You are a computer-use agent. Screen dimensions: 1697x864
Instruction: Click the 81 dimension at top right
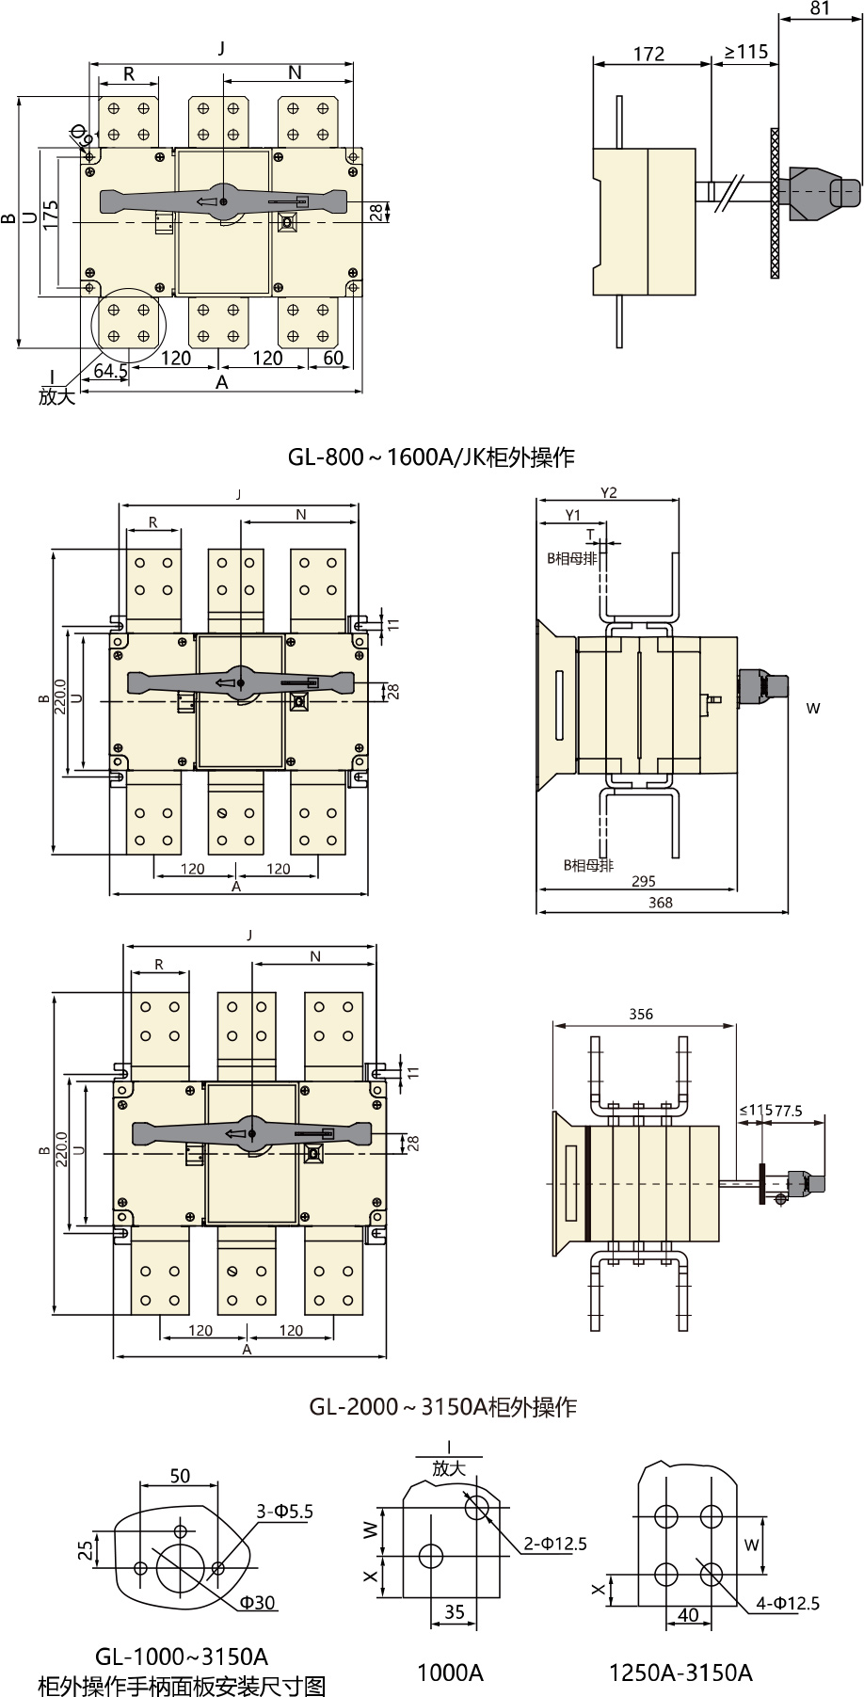click(820, 8)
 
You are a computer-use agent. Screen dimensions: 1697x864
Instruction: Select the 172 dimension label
click(648, 54)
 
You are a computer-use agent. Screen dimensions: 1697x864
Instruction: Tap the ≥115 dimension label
click(746, 52)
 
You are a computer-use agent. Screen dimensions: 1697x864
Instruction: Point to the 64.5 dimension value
click(110, 371)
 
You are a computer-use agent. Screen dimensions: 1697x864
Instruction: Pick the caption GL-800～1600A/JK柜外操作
click(431, 458)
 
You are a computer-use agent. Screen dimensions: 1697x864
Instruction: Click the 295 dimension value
click(644, 881)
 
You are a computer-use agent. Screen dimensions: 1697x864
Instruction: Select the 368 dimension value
click(661, 902)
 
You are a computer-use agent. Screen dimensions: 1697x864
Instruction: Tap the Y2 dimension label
click(608, 492)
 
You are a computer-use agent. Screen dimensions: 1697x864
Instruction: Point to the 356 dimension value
click(641, 1014)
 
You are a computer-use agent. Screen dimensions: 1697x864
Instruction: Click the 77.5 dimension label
click(789, 1111)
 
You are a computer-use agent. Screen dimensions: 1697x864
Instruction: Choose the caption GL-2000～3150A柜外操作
click(442, 1407)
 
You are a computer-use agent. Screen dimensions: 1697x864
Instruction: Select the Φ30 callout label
click(257, 1602)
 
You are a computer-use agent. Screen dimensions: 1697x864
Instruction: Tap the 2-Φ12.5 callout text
click(555, 1544)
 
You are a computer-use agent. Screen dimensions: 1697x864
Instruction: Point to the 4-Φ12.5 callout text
click(788, 1603)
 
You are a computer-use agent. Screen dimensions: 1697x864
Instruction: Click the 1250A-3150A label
click(680, 1673)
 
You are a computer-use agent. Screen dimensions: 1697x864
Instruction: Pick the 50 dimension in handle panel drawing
click(180, 1476)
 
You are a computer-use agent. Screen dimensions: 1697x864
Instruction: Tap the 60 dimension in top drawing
click(333, 358)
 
